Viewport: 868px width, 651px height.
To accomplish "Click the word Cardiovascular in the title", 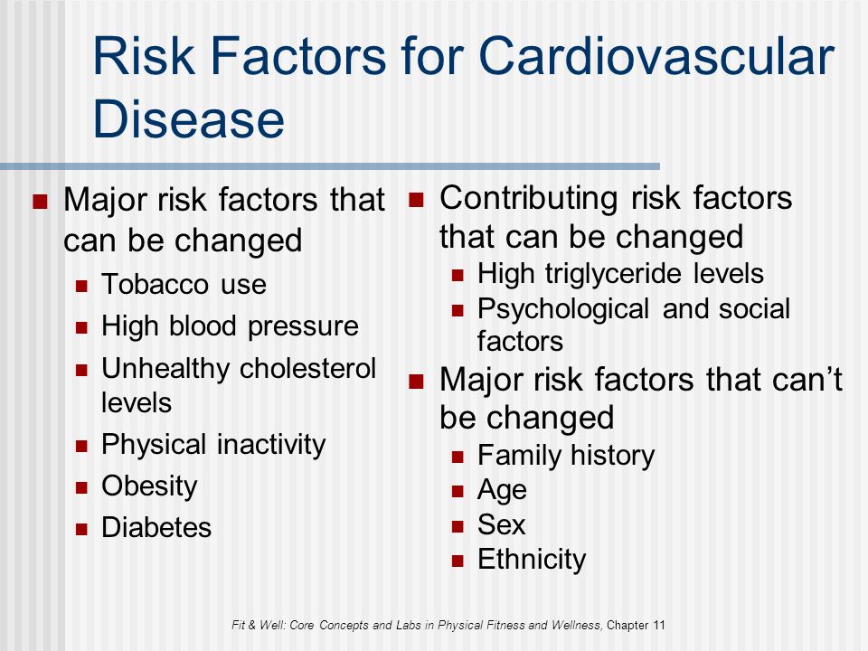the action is (x=656, y=56).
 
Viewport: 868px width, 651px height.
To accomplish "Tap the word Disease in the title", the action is (x=189, y=118).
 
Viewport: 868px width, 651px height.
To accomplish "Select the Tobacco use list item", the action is (x=184, y=284).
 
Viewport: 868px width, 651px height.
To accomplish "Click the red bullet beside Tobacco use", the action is (x=82, y=286).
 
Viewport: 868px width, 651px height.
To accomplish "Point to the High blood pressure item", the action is (x=230, y=326).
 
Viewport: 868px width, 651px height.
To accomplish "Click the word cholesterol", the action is (x=307, y=368).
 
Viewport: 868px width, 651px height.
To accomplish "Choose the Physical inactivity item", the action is (x=213, y=445).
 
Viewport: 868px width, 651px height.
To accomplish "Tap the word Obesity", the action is (x=149, y=486).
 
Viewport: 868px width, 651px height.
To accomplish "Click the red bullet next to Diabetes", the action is (x=82, y=529).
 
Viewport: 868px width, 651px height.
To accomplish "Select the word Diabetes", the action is (x=156, y=527).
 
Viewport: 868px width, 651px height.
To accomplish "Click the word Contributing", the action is (x=529, y=199).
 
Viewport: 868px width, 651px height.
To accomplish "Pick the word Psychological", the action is (x=563, y=309).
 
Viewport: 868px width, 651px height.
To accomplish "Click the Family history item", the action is (x=566, y=456).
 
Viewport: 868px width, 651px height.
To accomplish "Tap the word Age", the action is (x=502, y=490).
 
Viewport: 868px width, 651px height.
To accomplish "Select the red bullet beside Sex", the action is (x=458, y=526).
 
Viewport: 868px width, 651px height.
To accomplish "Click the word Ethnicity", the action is (x=532, y=560).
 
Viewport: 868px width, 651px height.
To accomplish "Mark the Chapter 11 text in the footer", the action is (x=636, y=625).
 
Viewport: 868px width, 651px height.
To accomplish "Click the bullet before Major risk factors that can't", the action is (x=416, y=382).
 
